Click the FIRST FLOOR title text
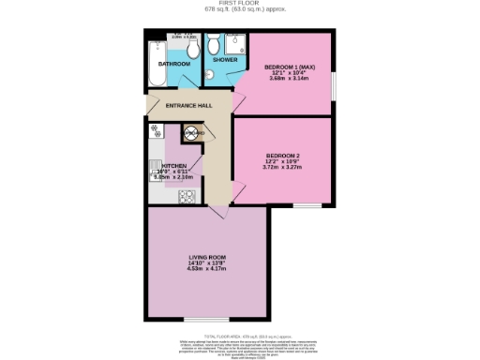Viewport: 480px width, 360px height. tap(239, 3)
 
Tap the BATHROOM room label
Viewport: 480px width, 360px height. tap(174, 64)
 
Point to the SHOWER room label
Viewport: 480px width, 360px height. tap(225, 59)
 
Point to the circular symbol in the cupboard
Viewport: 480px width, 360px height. tap(187, 134)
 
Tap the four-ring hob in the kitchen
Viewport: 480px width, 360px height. tap(186, 197)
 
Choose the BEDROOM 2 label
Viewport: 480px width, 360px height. tap(283, 155)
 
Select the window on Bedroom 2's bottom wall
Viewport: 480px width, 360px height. tap(306, 205)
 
